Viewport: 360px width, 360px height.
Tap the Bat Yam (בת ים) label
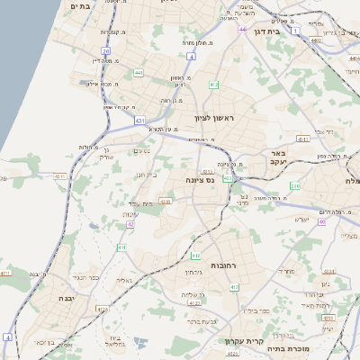click(79, 5)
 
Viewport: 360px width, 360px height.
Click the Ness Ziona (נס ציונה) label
click(196, 180)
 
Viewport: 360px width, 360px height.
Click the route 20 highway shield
click(105, 51)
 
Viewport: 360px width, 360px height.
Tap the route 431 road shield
click(139, 119)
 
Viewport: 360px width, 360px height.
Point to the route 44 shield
click(242, 30)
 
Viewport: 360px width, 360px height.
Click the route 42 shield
click(130, 224)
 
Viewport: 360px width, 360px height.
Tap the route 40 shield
click(321, 220)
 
